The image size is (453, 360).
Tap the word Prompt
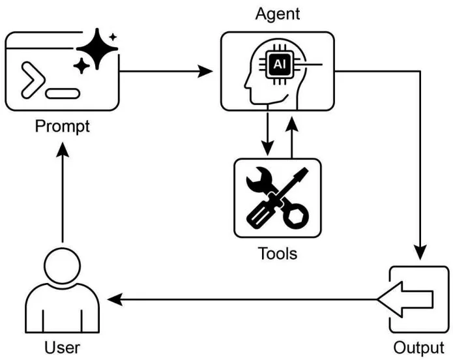point(63,126)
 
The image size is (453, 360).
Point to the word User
point(63,347)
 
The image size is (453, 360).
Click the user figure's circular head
point(62,265)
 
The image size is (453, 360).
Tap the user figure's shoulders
point(62,310)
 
